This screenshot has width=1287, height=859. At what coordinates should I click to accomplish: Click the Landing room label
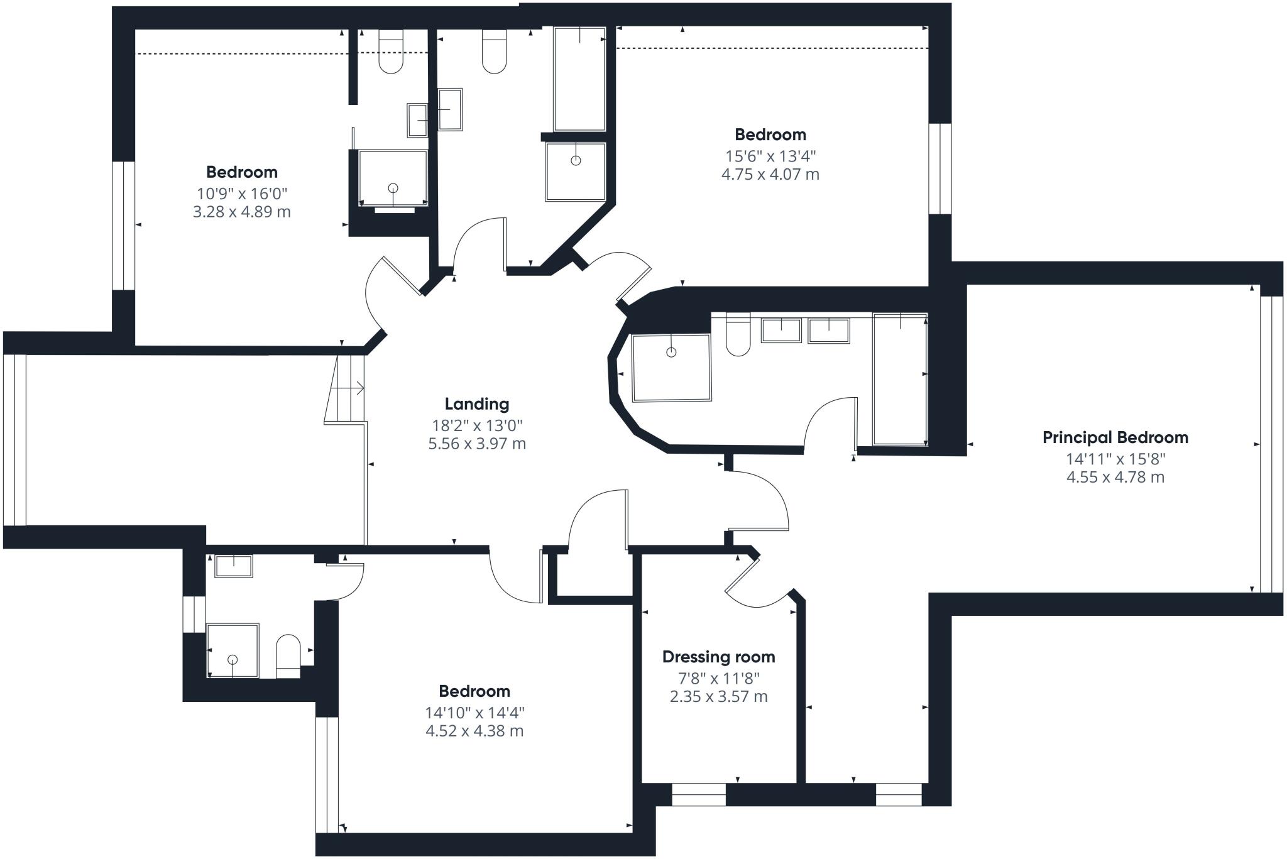pos(477,404)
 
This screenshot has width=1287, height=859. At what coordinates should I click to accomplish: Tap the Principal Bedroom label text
pos(1115,437)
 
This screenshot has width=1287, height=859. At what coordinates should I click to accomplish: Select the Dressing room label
pos(718,657)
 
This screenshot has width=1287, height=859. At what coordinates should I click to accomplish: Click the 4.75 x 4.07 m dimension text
pos(770,174)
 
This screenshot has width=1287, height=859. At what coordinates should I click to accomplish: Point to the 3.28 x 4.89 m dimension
pos(241,212)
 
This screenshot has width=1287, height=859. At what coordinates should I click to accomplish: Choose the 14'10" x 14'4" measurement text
pos(474,713)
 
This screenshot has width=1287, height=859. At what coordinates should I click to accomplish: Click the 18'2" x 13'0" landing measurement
pos(477,425)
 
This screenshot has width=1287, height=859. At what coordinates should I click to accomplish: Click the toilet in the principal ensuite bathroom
pos(738,335)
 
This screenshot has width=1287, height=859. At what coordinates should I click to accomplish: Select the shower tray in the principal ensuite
pos(671,368)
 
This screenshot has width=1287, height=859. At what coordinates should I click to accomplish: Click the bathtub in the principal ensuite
pos(900,379)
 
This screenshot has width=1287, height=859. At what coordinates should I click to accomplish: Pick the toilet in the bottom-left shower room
pos(288,657)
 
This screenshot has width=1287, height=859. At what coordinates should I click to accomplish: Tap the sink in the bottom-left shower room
pos(234,566)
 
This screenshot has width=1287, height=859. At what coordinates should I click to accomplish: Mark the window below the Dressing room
pos(699,794)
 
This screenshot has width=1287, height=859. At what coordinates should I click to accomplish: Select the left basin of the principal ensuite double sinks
pos(781,330)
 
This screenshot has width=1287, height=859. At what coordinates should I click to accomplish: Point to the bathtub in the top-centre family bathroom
pos(579,79)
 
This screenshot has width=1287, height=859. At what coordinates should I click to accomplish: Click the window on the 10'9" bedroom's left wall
pos(124,226)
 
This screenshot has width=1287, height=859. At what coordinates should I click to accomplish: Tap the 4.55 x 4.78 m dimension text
pos(1115,477)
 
